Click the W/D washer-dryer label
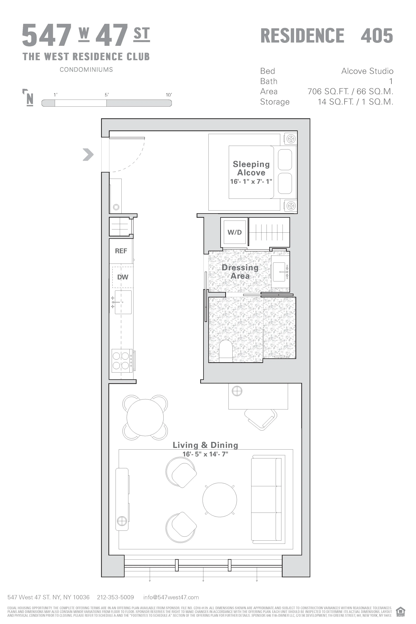click(235, 232)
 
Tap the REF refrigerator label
click(121, 251)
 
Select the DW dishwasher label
click(123, 277)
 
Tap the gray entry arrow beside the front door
click(88, 155)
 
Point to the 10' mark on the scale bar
click(169, 95)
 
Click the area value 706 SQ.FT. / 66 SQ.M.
click(350, 91)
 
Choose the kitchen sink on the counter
click(123, 302)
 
